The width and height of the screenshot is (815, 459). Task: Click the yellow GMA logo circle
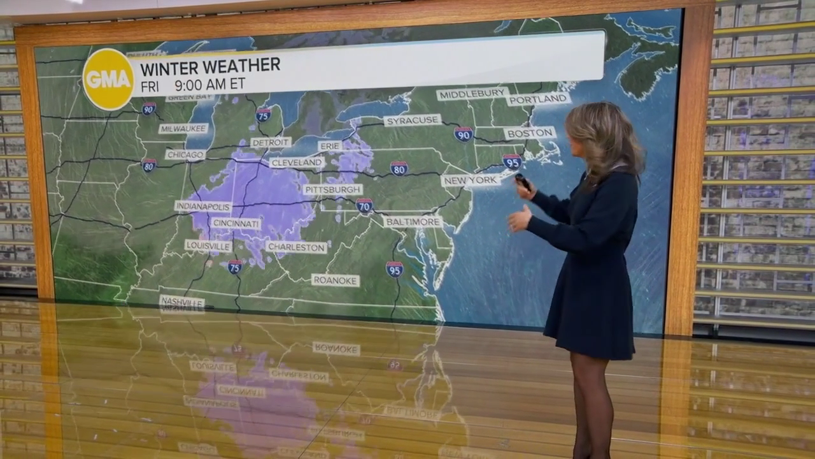pyautogui.click(x=108, y=79)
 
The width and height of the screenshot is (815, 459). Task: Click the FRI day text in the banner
pyautogui.click(x=150, y=85)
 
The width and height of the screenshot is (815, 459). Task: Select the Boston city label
pyautogui.click(x=530, y=133)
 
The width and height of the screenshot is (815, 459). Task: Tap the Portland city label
pyautogui.click(x=538, y=99)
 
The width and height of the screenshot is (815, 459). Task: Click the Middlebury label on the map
pyautogui.click(x=472, y=94)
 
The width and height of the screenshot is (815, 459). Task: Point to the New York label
pyautogui.click(x=471, y=180)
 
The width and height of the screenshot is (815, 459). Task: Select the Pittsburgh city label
pyautogui.click(x=332, y=189)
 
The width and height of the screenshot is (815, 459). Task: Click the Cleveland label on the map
pyautogui.click(x=297, y=163)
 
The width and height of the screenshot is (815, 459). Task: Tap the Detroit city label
pyautogui.click(x=271, y=142)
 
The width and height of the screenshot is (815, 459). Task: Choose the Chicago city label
pyautogui.click(x=185, y=155)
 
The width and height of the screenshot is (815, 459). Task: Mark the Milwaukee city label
pyautogui.click(x=183, y=128)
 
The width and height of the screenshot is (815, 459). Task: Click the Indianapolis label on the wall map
pyautogui.click(x=203, y=207)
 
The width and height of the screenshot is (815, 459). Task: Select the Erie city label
pyautogui.click(x=330, y=146)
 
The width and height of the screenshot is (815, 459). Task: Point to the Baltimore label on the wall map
pyautogui.click(x=412, y=222)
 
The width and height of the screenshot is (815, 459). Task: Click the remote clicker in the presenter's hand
pyautogui.click(x=522, y=181)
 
